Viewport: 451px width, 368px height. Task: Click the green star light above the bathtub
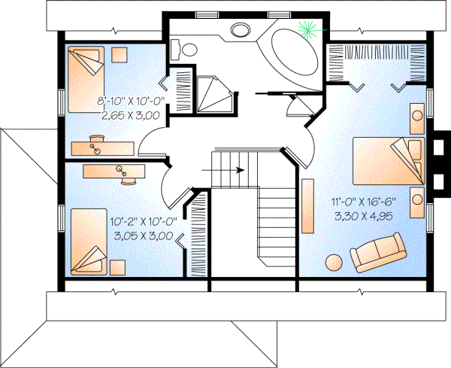tap(307, 30)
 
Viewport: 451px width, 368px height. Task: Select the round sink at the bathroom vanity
tap(241, 31)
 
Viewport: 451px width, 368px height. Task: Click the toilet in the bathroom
tap(185, 50)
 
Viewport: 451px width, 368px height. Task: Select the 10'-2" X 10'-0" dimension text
tap(143, 222)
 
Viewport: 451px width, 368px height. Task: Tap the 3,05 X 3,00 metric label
tap(143, 236)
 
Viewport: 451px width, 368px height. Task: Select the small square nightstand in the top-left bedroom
tap(120, 55)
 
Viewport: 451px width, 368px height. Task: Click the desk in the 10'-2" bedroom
tap(114, 172)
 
